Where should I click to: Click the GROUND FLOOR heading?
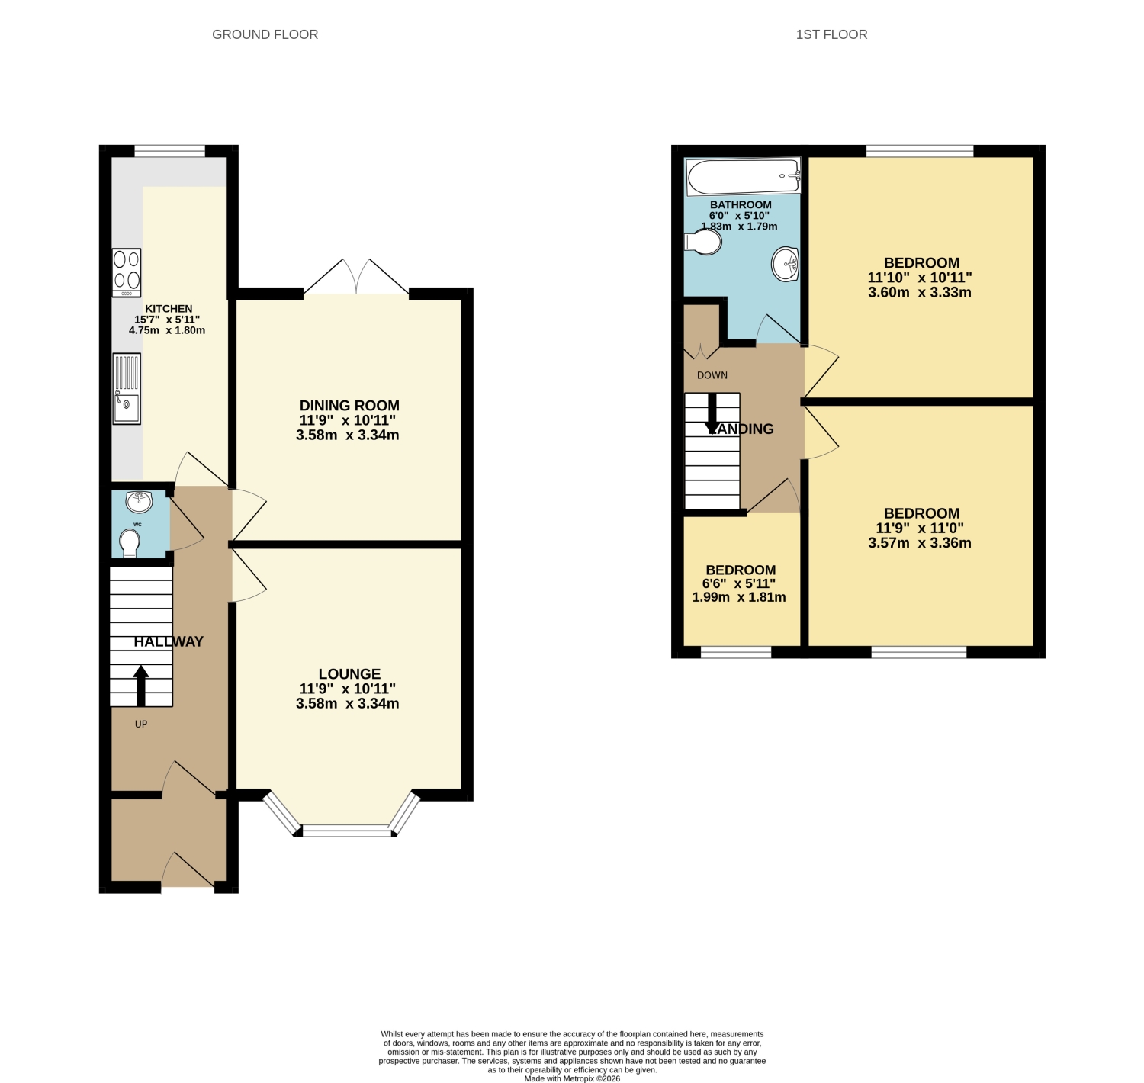click(265, 34)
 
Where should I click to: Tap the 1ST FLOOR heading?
click(831, 34)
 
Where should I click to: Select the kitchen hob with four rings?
click(127, 273)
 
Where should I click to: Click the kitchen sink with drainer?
click(127, 388)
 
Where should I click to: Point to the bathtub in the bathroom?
click(744, 176)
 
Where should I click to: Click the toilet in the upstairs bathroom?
click(703, 242)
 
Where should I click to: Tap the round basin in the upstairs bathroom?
click(785, 264)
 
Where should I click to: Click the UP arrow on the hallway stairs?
click(141, 686)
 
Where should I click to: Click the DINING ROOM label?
click(349, 405)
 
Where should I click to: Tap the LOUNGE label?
click(349, 673)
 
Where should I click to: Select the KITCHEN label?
click(168, 308)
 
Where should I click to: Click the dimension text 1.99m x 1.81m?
click(738, 597)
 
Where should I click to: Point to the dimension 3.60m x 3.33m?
click(919, 292)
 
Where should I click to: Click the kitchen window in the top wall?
click(169, 151)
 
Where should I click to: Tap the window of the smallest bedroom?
click(735, 652)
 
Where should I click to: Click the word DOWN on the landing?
click(712, 375)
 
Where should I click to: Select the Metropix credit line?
click(572, 1078)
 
